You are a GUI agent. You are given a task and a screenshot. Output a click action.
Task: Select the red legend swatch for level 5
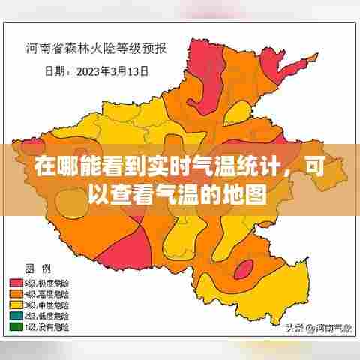[17, 283]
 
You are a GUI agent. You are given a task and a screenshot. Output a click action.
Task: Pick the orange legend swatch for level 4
[17, 294]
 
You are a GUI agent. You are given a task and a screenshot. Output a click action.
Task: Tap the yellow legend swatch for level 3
[17, 305]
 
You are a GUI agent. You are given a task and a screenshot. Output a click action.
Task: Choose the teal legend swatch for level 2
[17, 316]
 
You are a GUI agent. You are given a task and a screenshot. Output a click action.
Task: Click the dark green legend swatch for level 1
[17, 328]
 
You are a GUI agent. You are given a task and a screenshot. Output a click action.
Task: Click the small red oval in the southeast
[243, 271]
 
